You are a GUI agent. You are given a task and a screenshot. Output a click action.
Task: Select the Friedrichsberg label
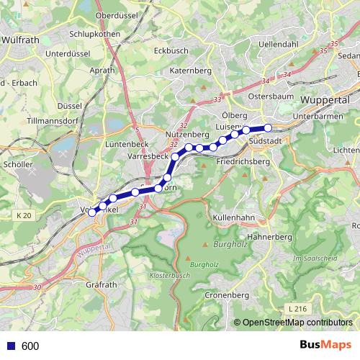coord(243,163)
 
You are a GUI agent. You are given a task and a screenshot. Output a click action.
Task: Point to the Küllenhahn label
coord(234,217)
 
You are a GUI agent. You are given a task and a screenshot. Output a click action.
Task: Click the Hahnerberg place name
coord(268,235)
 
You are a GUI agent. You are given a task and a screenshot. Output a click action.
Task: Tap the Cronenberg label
coord(227,295)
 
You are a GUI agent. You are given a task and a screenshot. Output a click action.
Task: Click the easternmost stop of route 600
coord(269,128)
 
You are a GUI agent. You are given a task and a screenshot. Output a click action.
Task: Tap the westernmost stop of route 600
coord(91,212)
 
